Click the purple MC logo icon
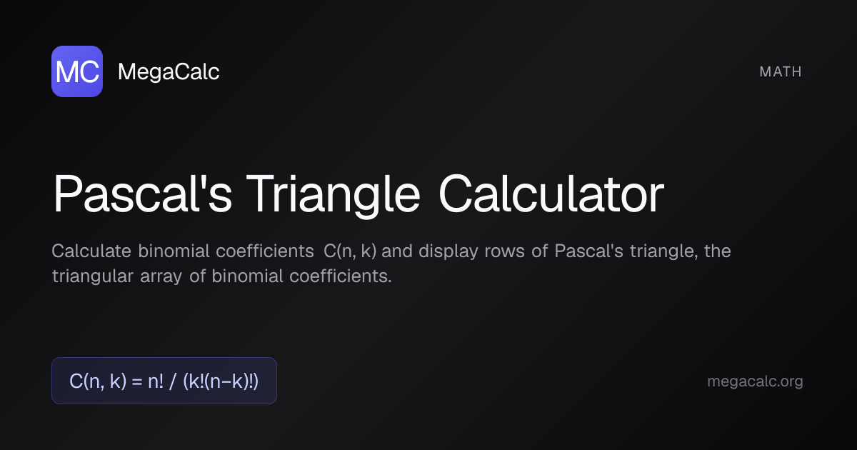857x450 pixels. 77,71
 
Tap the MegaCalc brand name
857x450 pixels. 169,71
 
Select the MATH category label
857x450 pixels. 781,71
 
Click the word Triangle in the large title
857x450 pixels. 334,194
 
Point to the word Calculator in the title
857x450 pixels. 551,194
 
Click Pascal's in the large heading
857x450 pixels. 142,194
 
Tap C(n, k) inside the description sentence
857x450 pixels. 350,251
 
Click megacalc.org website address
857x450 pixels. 755,381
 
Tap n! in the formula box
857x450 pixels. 155,381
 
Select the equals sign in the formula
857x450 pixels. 134,381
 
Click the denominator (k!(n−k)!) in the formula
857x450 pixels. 221,381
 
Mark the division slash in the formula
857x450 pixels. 174,381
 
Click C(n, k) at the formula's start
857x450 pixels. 96,381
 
